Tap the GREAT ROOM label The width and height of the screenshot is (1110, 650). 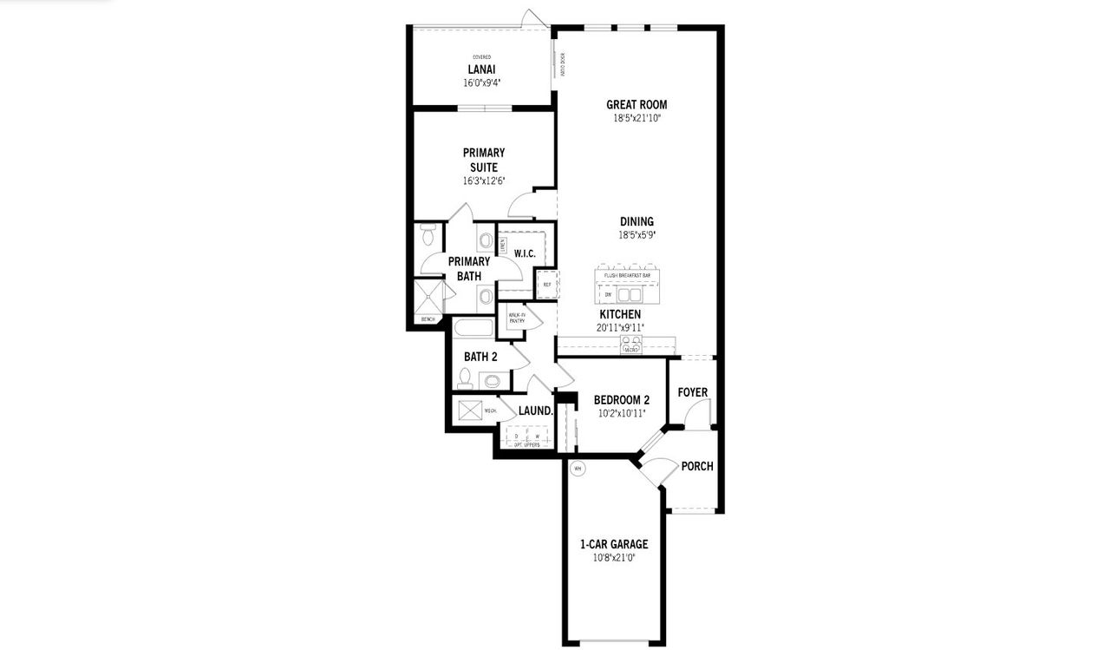coord(637,105)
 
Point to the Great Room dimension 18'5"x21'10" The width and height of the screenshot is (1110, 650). coord(637,118)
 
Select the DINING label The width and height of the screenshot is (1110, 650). coord(637,221)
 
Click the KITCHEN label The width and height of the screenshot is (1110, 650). coord(620,314)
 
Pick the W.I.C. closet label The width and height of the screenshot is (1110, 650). coord(524,253)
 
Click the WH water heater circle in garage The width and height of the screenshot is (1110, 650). coord(578,469)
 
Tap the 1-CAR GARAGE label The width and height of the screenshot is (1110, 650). coord(614,544)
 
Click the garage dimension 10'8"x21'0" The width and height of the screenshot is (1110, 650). coord(614,557)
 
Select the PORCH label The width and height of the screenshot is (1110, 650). coord(697,466)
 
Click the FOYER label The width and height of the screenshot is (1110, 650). coord(693,392)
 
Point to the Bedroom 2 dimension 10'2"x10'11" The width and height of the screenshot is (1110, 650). coord(621,413)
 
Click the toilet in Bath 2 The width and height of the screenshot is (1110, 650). coord(465,378)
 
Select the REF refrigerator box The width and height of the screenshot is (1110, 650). coord(547,284)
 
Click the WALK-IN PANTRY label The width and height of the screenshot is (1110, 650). coord(517,318)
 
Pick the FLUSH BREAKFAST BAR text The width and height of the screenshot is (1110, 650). coord(627,275)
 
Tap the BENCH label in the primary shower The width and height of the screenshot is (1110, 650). coord(428,320)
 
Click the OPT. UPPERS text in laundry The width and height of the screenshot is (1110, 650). coord(526,444)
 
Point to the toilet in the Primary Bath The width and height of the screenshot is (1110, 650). coord(428,235)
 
